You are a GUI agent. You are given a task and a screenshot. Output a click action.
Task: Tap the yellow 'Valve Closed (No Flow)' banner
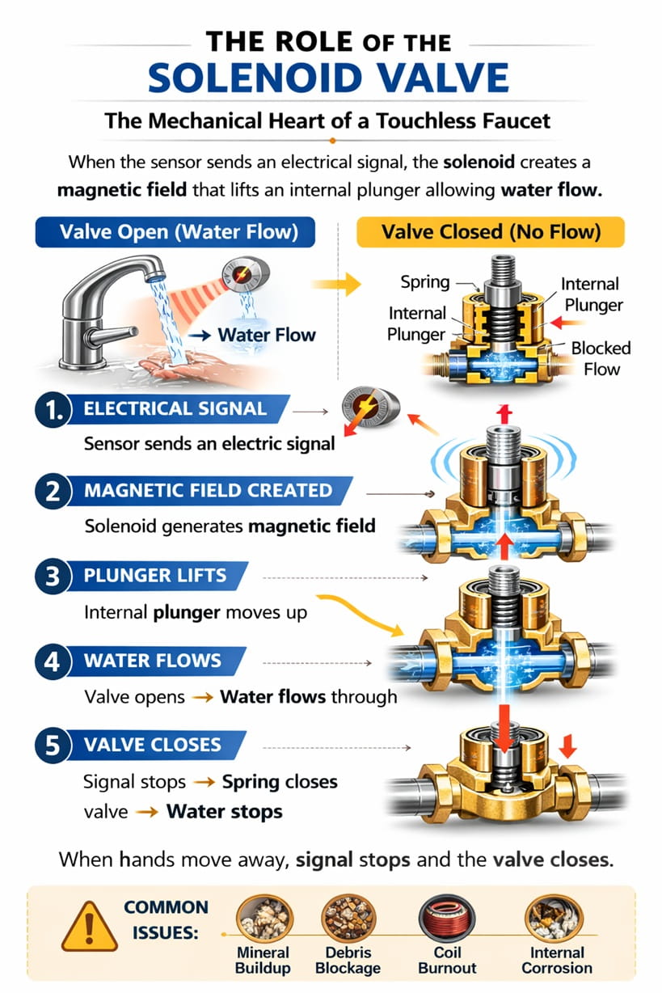(x=491, y=233)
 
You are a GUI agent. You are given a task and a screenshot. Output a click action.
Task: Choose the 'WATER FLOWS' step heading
(x=152, y=661)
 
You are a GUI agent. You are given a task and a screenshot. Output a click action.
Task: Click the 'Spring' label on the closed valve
(x=425, y=282)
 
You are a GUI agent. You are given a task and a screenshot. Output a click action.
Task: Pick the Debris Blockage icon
(x=347, y=920)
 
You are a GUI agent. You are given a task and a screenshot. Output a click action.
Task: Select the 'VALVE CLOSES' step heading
(x=152, y=744)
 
